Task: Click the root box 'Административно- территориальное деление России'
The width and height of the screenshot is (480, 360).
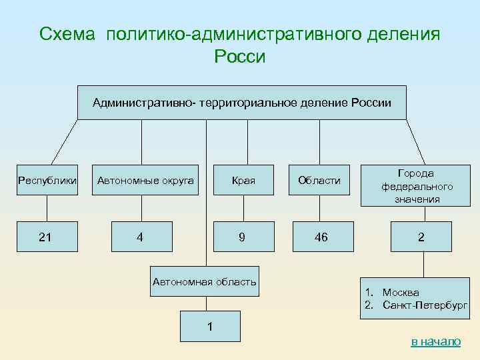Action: click(241, 102)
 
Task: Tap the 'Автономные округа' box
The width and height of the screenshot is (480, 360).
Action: click(145, 180)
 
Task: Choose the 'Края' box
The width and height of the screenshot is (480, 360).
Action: click(243, 180)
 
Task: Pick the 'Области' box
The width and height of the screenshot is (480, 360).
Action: click(319, 180)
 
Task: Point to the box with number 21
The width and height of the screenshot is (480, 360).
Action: click(45, 237)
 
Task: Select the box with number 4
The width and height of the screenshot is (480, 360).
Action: click(139, 237)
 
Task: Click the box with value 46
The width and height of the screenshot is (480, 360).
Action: click(321, 237)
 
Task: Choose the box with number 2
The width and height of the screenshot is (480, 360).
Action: click(421, 237)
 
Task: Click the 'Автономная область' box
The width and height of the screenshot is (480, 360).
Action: click(204, 282)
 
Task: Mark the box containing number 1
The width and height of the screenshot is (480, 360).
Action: click(209, 327)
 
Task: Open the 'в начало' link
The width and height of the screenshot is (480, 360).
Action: click(435, 341)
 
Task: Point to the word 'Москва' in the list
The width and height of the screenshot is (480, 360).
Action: click(401, 292)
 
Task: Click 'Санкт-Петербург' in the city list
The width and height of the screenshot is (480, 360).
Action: click(425, 305)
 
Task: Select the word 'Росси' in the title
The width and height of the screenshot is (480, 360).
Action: click(240, 57)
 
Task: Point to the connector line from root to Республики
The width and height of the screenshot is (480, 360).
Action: click(65, 141)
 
